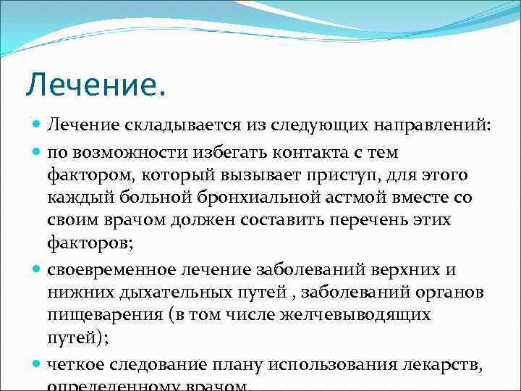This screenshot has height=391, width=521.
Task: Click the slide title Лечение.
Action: pos(96,85)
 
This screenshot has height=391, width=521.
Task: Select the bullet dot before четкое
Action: pos(38,363)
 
